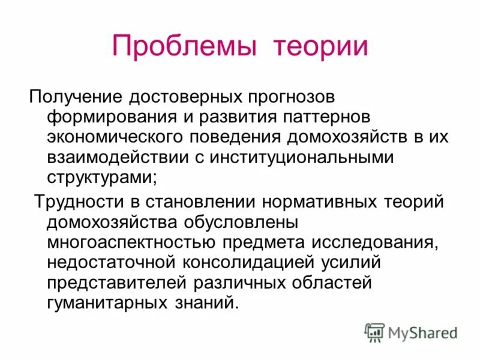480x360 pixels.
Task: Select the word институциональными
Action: point(296,158)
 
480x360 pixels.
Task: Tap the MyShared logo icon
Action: point(375,332)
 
